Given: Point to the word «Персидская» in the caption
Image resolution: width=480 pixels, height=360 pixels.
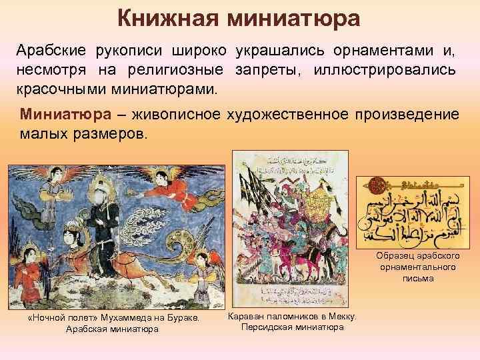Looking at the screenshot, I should click(x=265, y=327).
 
